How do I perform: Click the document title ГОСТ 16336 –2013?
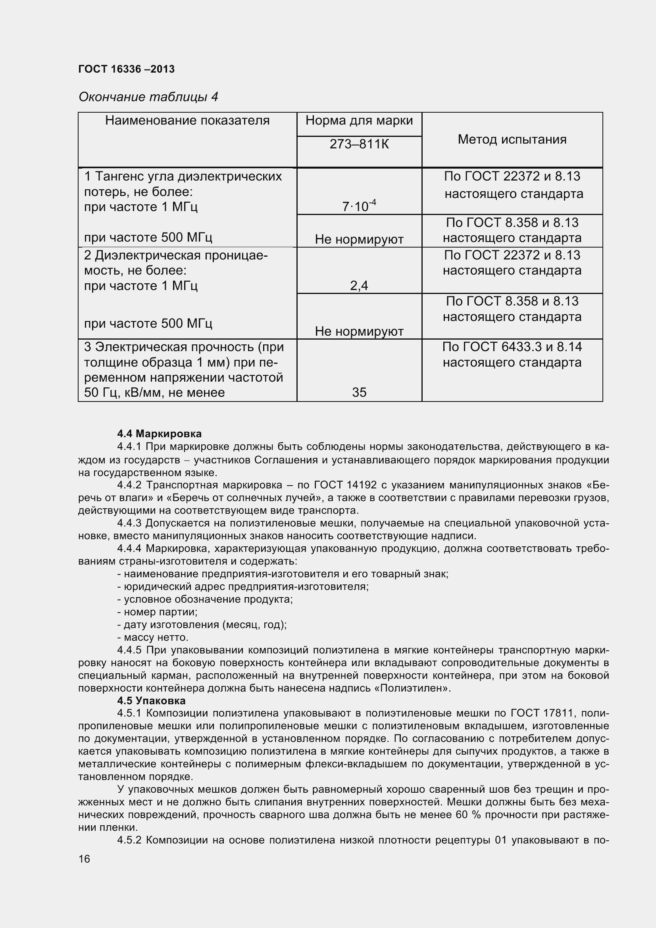(126, 69)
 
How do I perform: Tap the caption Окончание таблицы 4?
(148, 97)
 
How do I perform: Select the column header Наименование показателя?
(187, 121)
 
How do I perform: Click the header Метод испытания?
(512, 139)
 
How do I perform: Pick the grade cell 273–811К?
(359, 144)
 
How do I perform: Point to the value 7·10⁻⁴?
(359, 206)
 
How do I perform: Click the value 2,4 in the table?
(359, 286)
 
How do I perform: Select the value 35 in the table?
(359, 392)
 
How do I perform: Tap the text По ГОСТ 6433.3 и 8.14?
(512, 347)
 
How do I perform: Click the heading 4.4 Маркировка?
(159, 434)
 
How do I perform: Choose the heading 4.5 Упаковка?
(151, 701)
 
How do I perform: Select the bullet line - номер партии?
(157, 612)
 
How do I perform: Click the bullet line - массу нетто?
(153, 638)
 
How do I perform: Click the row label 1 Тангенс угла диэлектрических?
(183, 177)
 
